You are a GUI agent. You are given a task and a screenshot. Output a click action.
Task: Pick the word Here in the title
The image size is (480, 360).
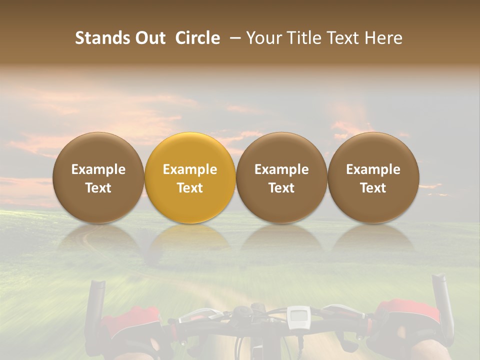[382, 38]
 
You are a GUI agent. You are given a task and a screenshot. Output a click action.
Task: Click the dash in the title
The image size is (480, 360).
[233, 38]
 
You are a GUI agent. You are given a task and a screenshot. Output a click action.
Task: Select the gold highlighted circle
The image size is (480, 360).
[190, 177]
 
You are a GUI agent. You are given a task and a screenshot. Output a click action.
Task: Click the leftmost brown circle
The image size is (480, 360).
[98, 177]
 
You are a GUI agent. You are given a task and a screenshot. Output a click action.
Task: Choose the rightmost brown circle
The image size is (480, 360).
[373, 177]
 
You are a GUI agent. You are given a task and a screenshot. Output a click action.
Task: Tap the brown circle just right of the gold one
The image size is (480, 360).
[281, 177]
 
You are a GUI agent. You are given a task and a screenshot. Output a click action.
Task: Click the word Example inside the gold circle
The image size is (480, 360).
[190, 169]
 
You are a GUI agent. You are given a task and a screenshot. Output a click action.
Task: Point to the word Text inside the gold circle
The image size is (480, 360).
[190, 188]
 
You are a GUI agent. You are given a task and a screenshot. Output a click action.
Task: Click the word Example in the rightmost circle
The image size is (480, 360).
[373, 169]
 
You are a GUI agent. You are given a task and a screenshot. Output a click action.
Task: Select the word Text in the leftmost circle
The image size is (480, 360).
[98, 188]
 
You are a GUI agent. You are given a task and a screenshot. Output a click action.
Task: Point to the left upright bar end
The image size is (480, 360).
[94, 305]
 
